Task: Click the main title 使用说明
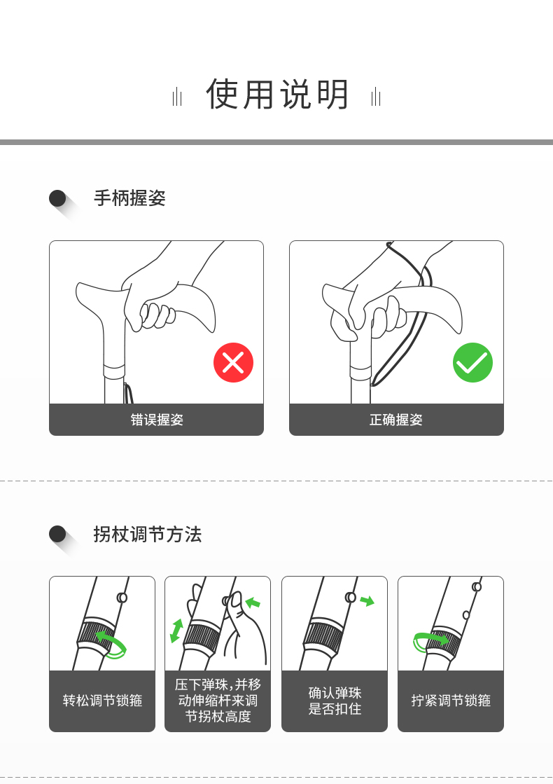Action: [277, 94]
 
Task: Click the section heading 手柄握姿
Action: [129, 198]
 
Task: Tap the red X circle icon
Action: [233, 362]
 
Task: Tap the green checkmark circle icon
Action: [472, 362]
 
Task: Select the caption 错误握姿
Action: [157, 420]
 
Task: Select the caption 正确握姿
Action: [396, 420]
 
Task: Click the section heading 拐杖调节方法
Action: [148, 534]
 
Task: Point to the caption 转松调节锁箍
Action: [102, 701]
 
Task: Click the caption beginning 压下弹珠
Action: [218, 700]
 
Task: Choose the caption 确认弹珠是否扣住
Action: [335, 701]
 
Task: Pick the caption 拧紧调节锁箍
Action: [451, 701]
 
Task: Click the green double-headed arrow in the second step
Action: [176, 631]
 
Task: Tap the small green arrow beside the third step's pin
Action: [367, 600]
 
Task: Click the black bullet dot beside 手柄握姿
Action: [57, 198]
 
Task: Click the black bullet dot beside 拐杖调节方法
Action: [57, 534]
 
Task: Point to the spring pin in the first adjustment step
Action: [122, 597]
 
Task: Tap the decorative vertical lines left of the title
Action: [177, 97]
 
